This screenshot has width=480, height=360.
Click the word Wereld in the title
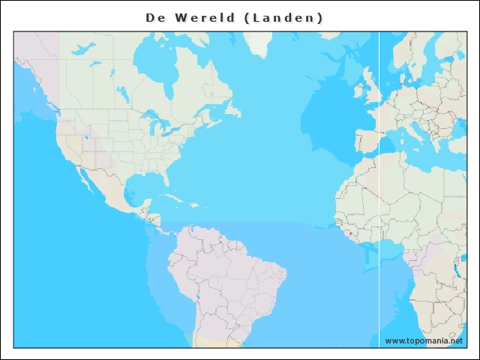[204, 17]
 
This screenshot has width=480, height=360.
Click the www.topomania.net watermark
[424, 340]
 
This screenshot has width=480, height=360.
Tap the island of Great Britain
[372, 88]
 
